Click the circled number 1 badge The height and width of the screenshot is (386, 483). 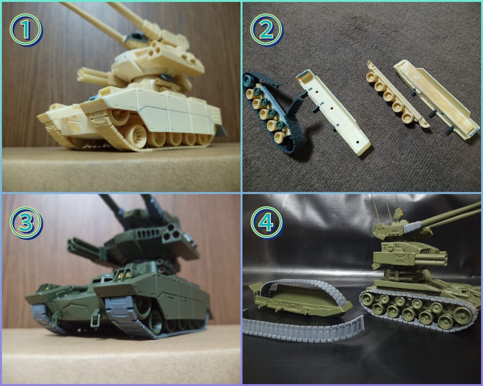26,30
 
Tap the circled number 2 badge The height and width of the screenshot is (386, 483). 266,30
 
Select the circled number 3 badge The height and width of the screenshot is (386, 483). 26,222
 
